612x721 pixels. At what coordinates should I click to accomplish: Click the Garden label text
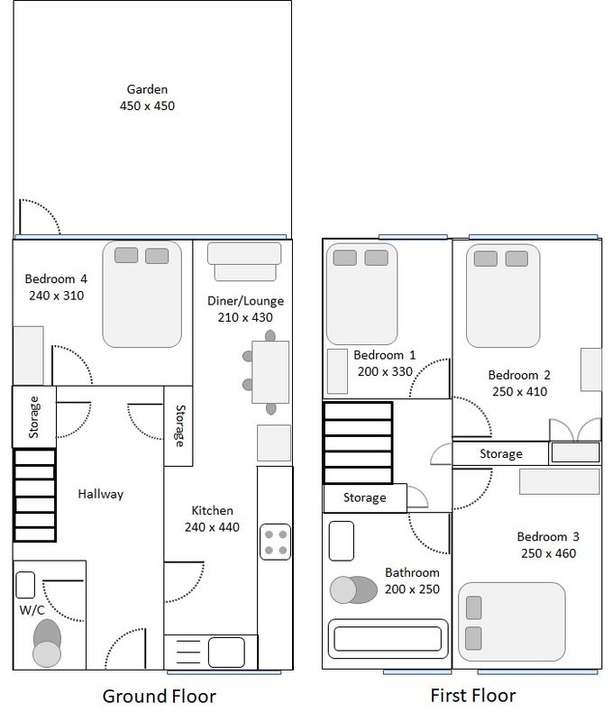point(147,89)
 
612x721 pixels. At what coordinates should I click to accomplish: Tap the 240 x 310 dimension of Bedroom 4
point(57,296)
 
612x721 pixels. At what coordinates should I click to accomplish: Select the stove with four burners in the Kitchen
point(275,542)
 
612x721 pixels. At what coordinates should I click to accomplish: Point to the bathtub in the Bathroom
point(388,638)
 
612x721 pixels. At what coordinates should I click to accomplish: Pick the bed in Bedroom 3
point(512,622)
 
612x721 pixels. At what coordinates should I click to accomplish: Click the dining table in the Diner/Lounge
point(270,372)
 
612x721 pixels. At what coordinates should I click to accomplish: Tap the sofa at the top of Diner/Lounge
point(244,261)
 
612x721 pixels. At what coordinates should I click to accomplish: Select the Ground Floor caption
point(160,696)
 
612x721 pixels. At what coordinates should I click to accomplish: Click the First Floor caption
point(473,695)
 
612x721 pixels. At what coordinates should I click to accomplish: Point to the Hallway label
point(101,494)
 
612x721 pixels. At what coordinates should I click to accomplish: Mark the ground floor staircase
point(35,495)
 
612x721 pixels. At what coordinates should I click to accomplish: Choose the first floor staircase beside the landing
point(358,443)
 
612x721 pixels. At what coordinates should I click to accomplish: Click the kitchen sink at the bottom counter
point(226,652)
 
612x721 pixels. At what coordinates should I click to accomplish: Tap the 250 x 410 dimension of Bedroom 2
point(520,392)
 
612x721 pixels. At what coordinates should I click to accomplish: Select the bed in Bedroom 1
point(361,294)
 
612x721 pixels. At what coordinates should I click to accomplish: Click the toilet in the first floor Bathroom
point(353,590)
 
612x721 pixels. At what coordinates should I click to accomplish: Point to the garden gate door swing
point(40,216)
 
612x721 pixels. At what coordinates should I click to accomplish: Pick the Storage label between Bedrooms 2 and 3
point(501,454)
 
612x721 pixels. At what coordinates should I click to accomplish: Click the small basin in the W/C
point(25,585)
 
